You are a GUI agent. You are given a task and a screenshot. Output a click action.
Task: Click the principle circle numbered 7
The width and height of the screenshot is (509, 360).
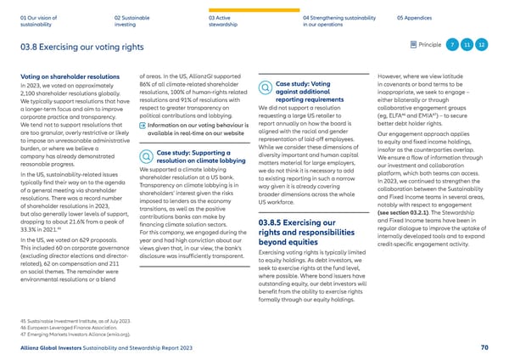tap(454, 44)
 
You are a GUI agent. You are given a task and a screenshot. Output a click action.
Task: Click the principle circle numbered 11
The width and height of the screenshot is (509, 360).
tap(468, 44)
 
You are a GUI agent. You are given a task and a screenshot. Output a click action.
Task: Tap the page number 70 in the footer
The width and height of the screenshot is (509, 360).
tap(484, 347)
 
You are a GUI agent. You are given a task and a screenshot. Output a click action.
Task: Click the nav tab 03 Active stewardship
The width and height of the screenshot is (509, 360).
tap(226, 18)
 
